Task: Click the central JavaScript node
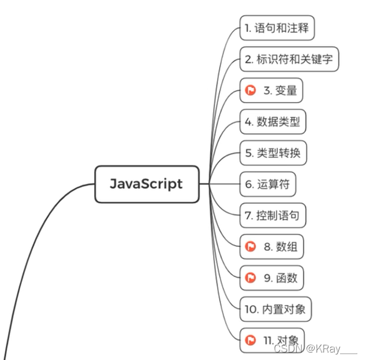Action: point(147,184)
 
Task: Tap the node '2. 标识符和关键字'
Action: point(289,59)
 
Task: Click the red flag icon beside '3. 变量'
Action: point(251,90)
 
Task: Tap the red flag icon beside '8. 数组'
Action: point(251,247)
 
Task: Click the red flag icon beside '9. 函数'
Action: point(251,278)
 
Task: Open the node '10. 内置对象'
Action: point(275,309)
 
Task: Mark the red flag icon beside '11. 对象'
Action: point(251,340)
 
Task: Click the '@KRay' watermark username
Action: point(324,349)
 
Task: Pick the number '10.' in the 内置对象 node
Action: point(252,309)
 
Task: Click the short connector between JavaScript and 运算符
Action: point(219,184)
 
